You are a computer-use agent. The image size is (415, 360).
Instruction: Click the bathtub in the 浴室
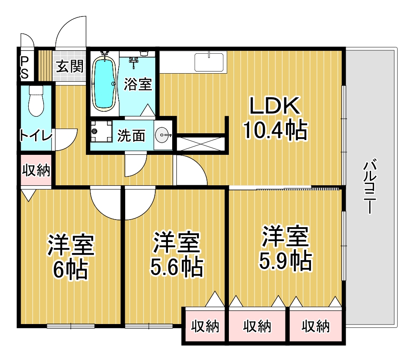click(x=104, y=84)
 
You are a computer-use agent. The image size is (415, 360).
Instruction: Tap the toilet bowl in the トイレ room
click(x=36, y=101)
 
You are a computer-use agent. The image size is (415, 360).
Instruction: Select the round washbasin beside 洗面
click(x=162, y=135)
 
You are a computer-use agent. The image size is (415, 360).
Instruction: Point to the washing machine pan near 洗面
click(x=101, y=131)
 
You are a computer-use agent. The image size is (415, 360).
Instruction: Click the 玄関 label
click(x=70, y=66)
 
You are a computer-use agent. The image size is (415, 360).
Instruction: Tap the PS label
click(x=25, y=68)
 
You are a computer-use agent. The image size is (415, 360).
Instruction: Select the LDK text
click(x=275, y=106)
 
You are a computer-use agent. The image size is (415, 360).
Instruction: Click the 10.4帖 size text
click(x=275, y=130)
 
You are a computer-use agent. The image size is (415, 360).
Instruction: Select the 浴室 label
click(x=138, y=84)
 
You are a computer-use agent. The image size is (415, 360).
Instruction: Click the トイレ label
click(x=36, y=136)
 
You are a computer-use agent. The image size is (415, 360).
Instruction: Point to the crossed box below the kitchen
click(x=201, y=144)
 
